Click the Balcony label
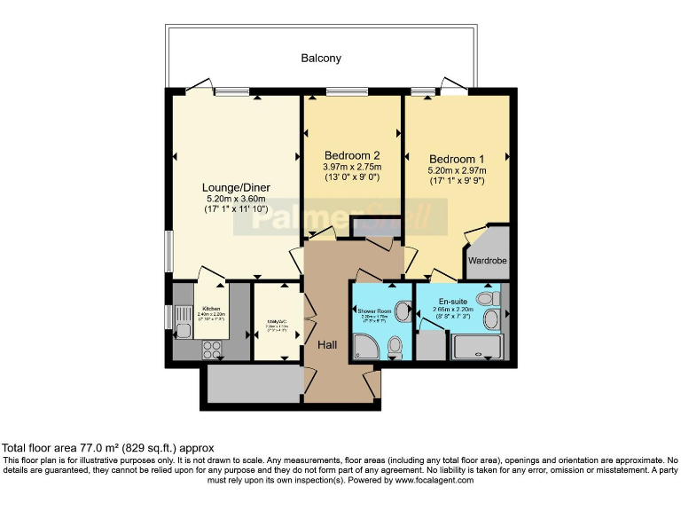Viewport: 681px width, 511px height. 320,59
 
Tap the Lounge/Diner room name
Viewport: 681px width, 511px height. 236,187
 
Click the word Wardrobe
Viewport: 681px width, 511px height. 488,262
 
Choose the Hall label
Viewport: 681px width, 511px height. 327,343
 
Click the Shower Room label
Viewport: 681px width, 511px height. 374,311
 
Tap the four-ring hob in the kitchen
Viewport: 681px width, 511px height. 213,350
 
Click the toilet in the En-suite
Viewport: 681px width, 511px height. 487,298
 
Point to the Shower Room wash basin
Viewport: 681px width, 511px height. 403,311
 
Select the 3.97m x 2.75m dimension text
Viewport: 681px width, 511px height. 352,166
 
